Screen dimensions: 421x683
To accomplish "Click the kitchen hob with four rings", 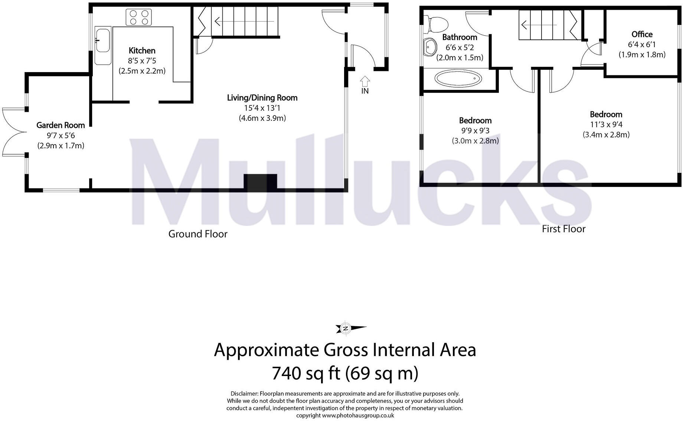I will [139, 17].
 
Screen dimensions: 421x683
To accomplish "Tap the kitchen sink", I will [102, 39].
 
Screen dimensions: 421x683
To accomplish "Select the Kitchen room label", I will [142, 51].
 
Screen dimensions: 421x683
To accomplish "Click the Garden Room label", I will [61, 125].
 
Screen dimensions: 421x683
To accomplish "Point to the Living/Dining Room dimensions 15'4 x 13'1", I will [262, 108].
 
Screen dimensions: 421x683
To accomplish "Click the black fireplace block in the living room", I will [260, 182].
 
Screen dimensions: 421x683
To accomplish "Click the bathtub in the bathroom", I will [458, 79].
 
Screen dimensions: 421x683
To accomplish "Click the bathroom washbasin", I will [430, 48].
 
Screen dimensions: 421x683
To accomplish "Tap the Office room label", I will [642, 34].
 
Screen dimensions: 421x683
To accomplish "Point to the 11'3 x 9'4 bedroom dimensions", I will [606, 124].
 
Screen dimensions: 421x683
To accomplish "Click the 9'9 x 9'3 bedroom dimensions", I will [475, 131].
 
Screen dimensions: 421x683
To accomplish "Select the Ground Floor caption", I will [197, 234].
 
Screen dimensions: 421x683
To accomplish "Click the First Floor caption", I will [563, 229].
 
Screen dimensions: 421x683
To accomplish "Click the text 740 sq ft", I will [306, 373].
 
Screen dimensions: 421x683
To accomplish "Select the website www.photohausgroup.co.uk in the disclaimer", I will [358, 415].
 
